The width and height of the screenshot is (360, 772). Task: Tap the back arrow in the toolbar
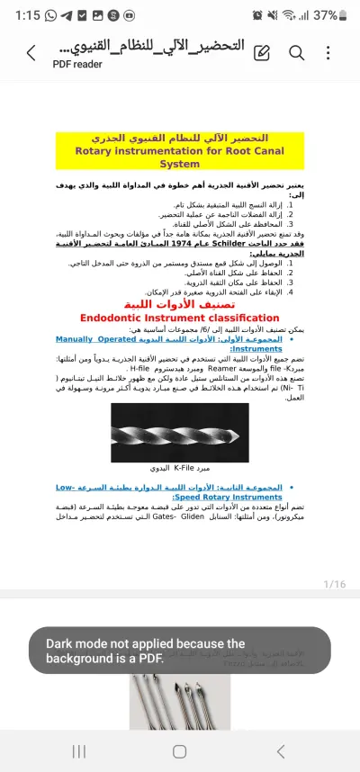tap(31, 53)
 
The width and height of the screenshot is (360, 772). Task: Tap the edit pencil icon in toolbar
tap(263, 53)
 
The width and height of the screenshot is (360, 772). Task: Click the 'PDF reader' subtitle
tap(76, 64)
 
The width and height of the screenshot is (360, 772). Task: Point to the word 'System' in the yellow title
tap(180, 165)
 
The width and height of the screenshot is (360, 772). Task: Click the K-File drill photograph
tap(180, 432)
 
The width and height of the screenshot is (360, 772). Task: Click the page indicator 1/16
tap(334, 584)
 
